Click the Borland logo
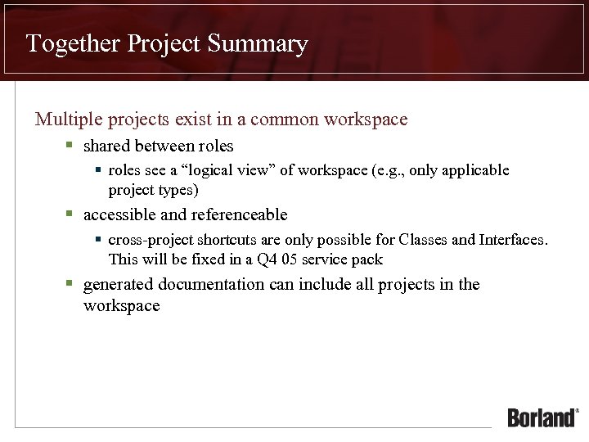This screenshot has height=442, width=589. [542, 417]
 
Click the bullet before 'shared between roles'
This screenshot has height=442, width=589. [70, 146]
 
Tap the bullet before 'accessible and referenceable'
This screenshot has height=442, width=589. [70, 214]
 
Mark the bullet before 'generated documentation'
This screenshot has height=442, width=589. [70, 284]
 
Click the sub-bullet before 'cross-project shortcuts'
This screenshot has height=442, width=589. [98, 240]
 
